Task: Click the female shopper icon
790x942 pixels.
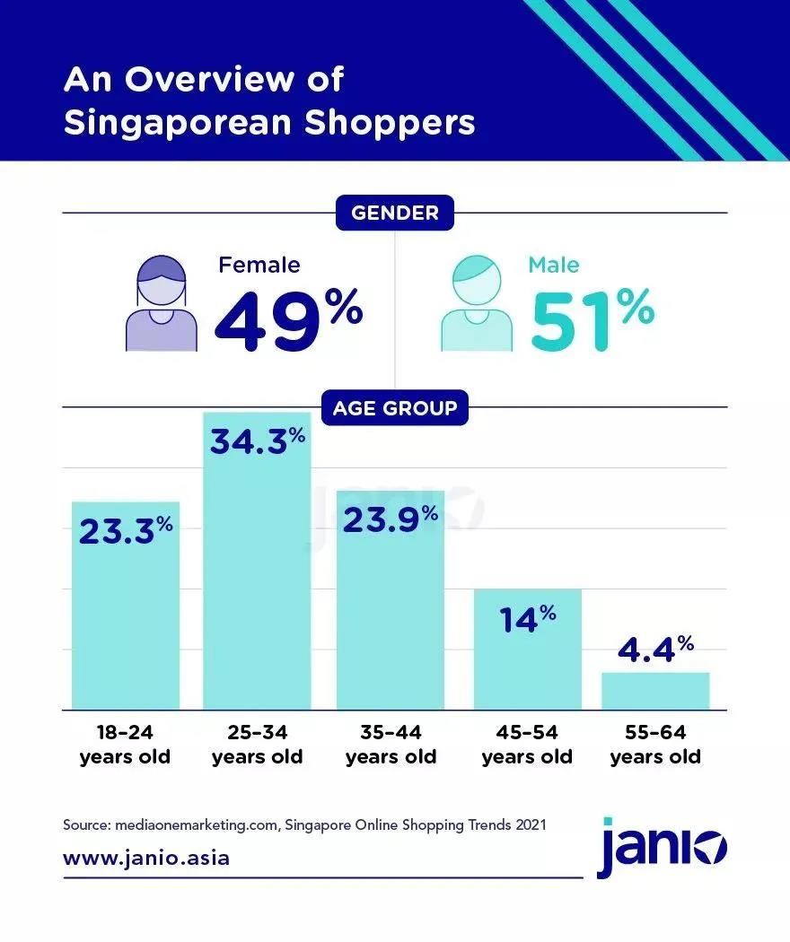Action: (x=162, y=304)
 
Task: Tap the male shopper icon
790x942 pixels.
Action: (x=477, y=304)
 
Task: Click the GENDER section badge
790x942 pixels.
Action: (x=394, y=213)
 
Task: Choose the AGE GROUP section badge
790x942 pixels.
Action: (x=394, y=409)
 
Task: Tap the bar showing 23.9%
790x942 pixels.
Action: (x=391, y=600)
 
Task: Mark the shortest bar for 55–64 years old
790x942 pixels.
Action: (x=655, y=691)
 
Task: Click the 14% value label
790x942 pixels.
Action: (x=529, y=618)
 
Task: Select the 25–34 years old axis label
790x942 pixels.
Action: (x=257, y=745)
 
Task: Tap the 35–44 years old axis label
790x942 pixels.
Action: (x=391, y=745)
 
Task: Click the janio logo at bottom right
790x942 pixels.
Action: (x=663, y=847)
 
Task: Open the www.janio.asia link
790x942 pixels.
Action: (x=146, y=858)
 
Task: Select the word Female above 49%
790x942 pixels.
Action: (x=259, y=265)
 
